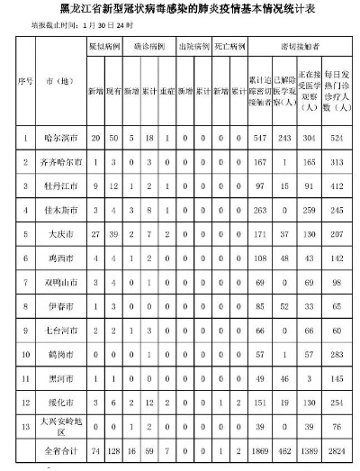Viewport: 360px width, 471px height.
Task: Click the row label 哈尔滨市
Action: coord(60,138)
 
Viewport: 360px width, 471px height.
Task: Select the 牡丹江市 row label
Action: coord(60,185)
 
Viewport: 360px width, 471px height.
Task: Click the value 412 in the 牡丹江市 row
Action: coord(338,185)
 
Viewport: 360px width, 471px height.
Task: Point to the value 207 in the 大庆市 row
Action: coord(338,231)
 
